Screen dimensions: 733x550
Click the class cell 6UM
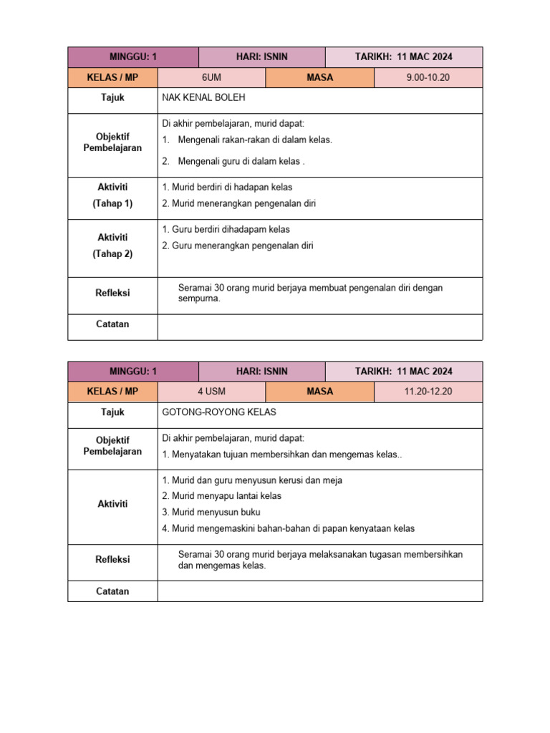[x=211, y=77]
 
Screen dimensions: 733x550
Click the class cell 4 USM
[x=211, y=392]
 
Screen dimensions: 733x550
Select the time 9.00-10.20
[x=428, y=77]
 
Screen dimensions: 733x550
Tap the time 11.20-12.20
[x=428, y=392]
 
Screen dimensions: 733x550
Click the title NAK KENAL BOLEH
[x=204, y=97]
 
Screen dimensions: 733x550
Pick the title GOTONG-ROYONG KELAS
[x=219, y=412]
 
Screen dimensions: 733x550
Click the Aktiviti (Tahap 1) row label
[x=112, y=195]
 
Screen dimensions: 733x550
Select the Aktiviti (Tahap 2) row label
[x=112, y=245]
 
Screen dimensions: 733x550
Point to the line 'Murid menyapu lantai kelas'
[x=222, y=496]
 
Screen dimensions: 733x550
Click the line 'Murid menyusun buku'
[x=211, y=513]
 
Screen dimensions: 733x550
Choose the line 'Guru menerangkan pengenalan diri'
[x=238, y=246]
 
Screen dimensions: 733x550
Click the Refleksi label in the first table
[x=112, y=293]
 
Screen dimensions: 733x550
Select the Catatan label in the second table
[x=112, y=591]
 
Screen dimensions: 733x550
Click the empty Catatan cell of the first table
[x=319, y=326]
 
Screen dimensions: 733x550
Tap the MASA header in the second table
[x=319, y=392]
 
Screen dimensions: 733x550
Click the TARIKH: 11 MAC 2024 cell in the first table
[x=404, y=57]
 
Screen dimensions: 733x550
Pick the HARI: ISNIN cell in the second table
[x=261, y=371]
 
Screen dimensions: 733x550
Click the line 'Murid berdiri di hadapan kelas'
[x=227, y=187]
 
